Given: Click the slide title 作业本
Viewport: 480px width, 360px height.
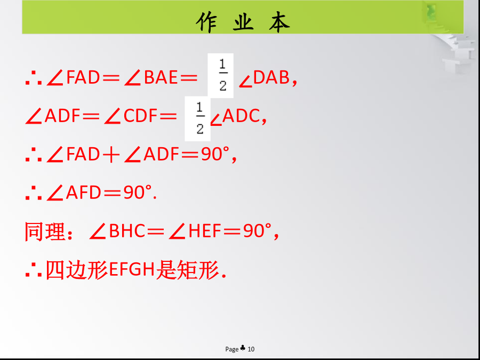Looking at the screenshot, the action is pyautogui.click(x=243, y=22).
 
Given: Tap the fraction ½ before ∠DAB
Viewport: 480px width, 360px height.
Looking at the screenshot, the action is pyautogui.click(x=222, y=75).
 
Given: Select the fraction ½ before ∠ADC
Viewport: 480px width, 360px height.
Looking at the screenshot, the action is pyautogui.click(x=199, y=118).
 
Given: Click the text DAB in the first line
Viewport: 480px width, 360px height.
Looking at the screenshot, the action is pyautogui.click(x=271, y=77).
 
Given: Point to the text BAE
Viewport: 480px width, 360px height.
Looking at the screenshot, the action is pyautogui.click(x=161, y=77).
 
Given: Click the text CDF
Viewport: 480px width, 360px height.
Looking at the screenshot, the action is pyautogui.click(x=140, y=116).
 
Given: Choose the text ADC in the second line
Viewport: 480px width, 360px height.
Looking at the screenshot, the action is pyautogui.click(x=241, y=116).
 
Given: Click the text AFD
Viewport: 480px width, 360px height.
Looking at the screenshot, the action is pyautogui.click(x=83, y=193).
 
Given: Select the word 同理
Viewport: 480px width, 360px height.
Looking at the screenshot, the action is pyautogui.click(x=45, y=232).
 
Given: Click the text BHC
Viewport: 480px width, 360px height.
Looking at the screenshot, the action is pyautogui.click(x=127, y=231).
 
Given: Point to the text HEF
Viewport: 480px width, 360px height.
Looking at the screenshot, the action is pyautogui.click(x=205, y=231).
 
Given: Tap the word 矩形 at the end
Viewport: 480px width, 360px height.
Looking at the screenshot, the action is pyautogui.click(x=197, y=270).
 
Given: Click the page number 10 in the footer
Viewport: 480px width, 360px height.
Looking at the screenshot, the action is pyautogui.click(x=251, y=349).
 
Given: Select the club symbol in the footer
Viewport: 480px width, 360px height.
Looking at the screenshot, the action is pyautogui.click(x=243, y=348).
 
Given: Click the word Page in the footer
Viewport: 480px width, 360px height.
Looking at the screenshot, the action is pyautogui.click(x=232, y=349).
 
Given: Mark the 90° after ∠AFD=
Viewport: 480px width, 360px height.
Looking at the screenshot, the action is pyautogui.click(x=138, y=193).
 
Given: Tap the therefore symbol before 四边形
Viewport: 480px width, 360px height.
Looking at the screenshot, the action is pyautogui.click(x=34, y=270).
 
